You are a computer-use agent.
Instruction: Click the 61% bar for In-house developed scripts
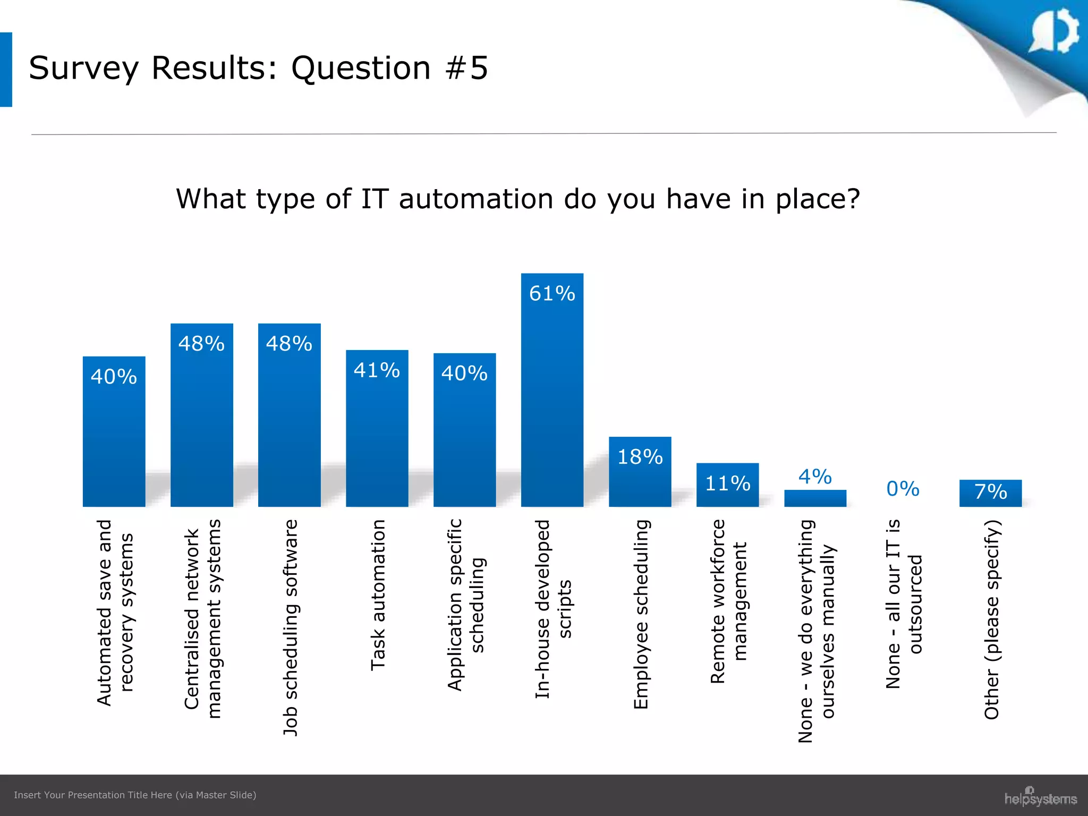(552, 393)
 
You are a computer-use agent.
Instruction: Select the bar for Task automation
(377, 430)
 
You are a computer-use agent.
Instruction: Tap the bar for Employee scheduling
(640, 475)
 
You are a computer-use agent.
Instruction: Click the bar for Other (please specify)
(990, 494)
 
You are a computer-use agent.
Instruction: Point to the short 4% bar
(815, 498)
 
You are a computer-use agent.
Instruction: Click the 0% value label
(903, 489)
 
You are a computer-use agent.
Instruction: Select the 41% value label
(377, 370)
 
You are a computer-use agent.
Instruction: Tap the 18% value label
(640, 457)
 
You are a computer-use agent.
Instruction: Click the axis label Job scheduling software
(290, 627)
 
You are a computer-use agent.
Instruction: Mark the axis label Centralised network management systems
(202, 619)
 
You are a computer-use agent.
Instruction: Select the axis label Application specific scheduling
(465, 605)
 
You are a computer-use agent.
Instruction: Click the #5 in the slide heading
(467, 68)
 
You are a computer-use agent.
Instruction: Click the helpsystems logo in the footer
(1040, 797)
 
